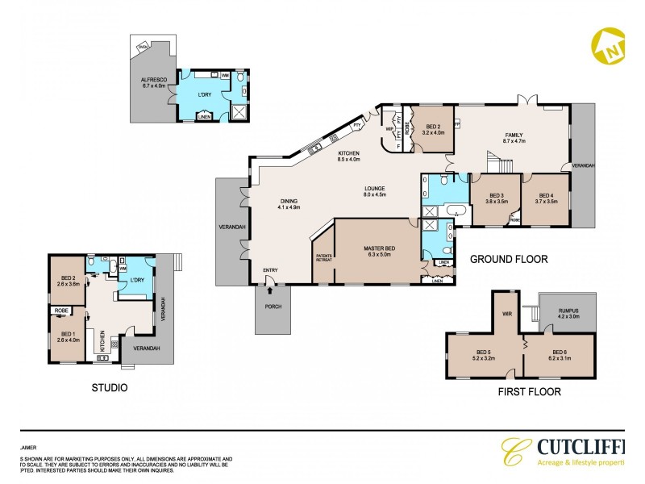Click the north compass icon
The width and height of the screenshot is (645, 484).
610,46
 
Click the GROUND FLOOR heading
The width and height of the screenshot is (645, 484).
508,260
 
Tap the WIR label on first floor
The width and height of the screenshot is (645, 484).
508,314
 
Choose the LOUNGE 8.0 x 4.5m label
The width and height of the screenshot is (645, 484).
374,191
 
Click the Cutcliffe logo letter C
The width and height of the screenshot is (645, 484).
513,453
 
